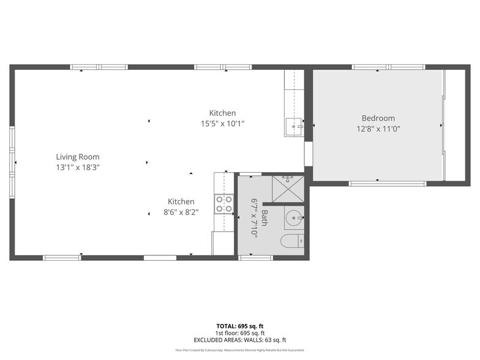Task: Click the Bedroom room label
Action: point(378,118)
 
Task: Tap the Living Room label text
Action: point(78,157)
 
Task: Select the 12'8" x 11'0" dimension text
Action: point(378,129)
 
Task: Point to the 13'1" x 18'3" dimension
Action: point(78,167)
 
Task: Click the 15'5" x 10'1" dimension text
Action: point(222,123)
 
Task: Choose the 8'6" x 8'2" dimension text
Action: point(181,212)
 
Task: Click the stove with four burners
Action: point(224,204)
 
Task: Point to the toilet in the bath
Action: point(291,241)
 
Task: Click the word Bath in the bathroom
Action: point(264,217)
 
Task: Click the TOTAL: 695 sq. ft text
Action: point(239,326)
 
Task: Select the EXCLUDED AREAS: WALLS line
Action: point(239,340)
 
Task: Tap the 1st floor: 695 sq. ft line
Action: point(239,333)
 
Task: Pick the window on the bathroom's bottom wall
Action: point(255,258)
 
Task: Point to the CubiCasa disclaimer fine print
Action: point(239,350)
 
